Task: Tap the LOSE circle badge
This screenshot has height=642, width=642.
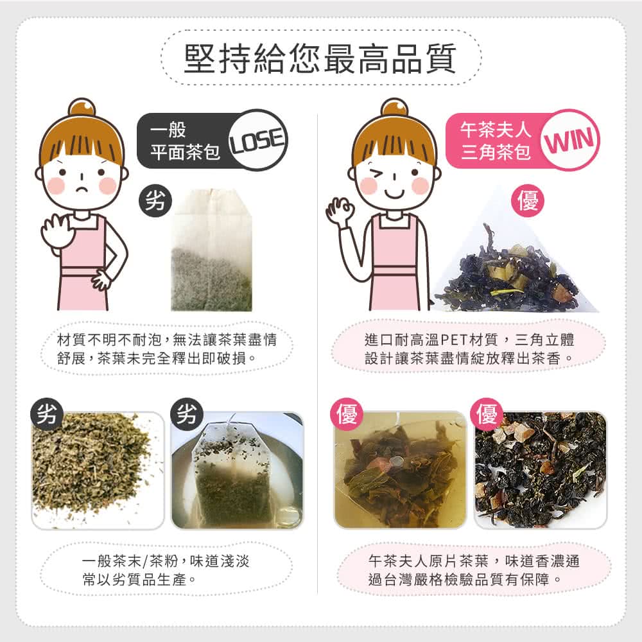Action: coord(257,140)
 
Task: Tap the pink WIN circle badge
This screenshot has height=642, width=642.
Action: coord(570,140)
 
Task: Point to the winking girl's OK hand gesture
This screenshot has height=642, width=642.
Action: coord(340,212)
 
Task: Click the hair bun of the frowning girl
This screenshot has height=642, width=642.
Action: coord(82,107)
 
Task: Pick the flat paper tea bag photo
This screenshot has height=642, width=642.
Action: coord(211,254)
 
